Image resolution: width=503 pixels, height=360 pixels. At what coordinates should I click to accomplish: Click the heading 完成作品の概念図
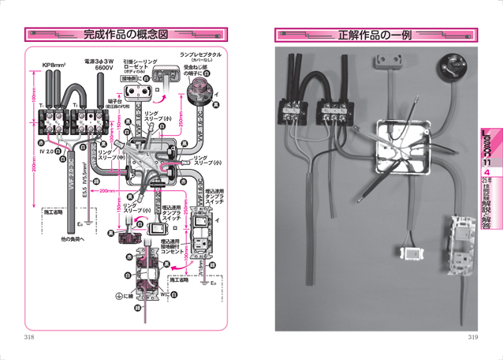(x=125, y=35)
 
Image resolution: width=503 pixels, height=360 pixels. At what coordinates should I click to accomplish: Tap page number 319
(x=472, y=337)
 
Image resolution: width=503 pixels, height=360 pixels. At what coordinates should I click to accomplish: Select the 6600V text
(x=105, y=69)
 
